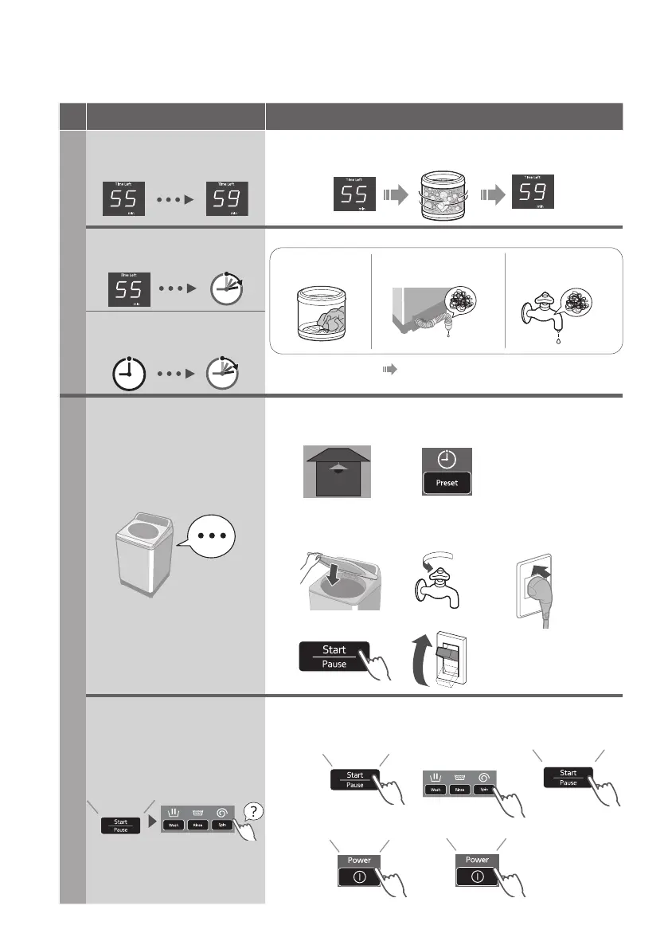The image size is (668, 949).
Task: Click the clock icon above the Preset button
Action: click(447, 461)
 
